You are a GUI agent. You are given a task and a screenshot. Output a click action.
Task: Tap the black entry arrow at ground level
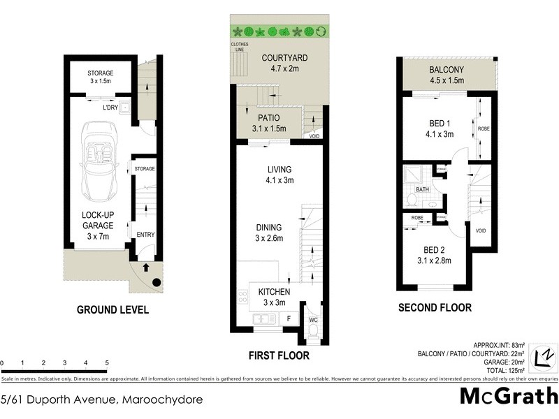pyautogui.click(x=145, y=267)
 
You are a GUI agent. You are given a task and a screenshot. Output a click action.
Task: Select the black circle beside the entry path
pyautogui.click(x=157, y=282)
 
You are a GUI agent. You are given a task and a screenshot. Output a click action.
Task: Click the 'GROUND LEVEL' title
pyautogui.click(x=112, y=309)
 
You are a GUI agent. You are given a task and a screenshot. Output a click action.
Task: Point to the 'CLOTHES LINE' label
pyautogui.click(x=240, y=47)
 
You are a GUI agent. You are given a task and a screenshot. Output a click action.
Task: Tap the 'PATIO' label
pyautogui.click(x=269, y=118)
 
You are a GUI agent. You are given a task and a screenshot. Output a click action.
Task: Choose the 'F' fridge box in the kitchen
pyautogui.click(x=289, y=318)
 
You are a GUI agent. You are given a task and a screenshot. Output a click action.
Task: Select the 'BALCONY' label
pyautogui.click(x=447, y=70)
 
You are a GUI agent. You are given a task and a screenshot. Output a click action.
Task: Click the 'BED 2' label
pyautogui.click(x=434, y=250)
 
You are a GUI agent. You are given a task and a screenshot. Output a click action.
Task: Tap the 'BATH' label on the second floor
pyautogui.click(x=422, y=189)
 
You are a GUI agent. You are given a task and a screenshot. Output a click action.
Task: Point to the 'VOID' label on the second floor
pyautogui.click(x=480, y=230)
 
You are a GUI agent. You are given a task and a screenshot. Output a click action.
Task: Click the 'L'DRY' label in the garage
pyautogui.click(x=110, y=108)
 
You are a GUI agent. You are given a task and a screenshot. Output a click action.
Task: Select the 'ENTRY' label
pyautogui.click(x=145, y=235)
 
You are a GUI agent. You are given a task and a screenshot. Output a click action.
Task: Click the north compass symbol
pyautogui.click(x=542, y=358)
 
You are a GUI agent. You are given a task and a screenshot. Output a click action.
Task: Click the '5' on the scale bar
pyautogui.click(x=107, y=363)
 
